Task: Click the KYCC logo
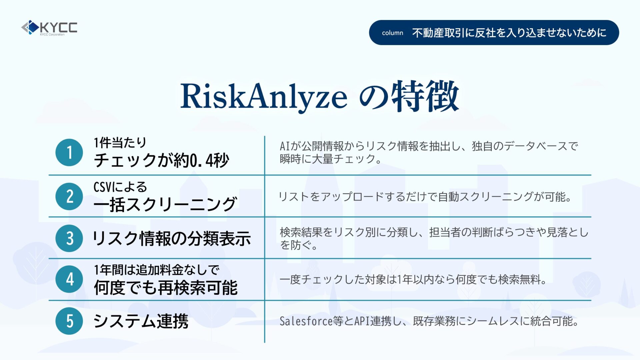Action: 49,28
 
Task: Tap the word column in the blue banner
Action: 392,33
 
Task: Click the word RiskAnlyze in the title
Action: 264,97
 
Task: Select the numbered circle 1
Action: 69,152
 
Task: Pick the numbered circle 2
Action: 69,196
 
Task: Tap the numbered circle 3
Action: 69,238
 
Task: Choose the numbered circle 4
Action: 69,279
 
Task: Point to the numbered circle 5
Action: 69,321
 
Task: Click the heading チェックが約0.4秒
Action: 161,160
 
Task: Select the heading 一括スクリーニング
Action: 165,204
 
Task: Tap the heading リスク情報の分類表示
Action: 172,239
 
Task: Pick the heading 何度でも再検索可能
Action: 166,288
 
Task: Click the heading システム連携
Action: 141,321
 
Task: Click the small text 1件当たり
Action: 120,143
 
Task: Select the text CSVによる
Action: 120,187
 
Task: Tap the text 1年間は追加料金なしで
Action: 156,270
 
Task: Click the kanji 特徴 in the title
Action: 425,96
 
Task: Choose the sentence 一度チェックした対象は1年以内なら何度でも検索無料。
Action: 413,279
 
